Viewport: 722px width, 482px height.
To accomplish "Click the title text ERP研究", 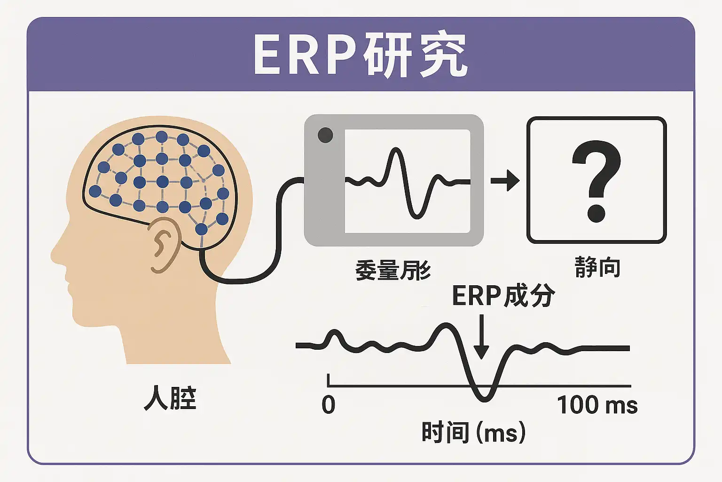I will click(360, 55).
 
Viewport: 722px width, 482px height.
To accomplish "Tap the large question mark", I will click(596, 181).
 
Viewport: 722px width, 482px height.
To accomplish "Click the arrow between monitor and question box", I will click(505, 181).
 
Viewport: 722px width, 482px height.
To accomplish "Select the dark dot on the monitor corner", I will click(325, 136).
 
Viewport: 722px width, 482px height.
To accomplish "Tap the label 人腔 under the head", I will click(170, 398).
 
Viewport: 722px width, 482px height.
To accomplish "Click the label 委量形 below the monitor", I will click(393, 271).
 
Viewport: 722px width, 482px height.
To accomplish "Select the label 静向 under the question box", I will click(597, 267).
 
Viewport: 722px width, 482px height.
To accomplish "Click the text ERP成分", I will click(503, 296).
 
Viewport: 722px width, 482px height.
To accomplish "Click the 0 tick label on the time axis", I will click(329, 405).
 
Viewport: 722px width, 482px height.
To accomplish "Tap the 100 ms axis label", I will click(597, 405).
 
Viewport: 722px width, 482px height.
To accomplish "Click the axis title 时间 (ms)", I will click(473, 432).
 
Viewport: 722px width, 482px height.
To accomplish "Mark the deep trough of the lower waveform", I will click(484, 398).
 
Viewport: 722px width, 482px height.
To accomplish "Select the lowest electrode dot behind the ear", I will click(201, 229).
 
